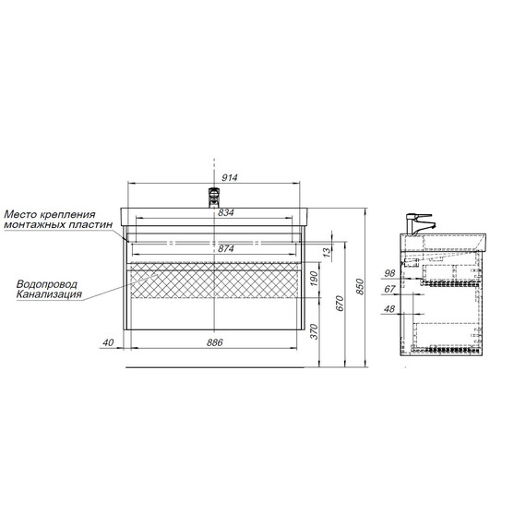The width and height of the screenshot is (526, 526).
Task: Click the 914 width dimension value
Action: click(x=230, y=177)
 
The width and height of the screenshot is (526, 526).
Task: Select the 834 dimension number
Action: click(x=226, y=212)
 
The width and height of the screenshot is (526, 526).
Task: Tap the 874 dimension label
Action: click(x=226, y=248)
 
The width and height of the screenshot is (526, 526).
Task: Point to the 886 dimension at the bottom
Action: click(x=214, y=342)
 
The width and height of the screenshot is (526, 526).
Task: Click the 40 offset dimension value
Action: click(x=108, y=342)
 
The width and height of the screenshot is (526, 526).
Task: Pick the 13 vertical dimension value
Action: click(x=327, y=251)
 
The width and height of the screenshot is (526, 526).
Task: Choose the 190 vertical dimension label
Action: click(x=314, y=278)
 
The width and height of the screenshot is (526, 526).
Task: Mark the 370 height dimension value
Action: click(x=314, y=331)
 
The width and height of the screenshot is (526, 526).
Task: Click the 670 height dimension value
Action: click(x=340, y=304)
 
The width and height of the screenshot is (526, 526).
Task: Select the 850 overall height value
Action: click(x=360, y=286)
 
